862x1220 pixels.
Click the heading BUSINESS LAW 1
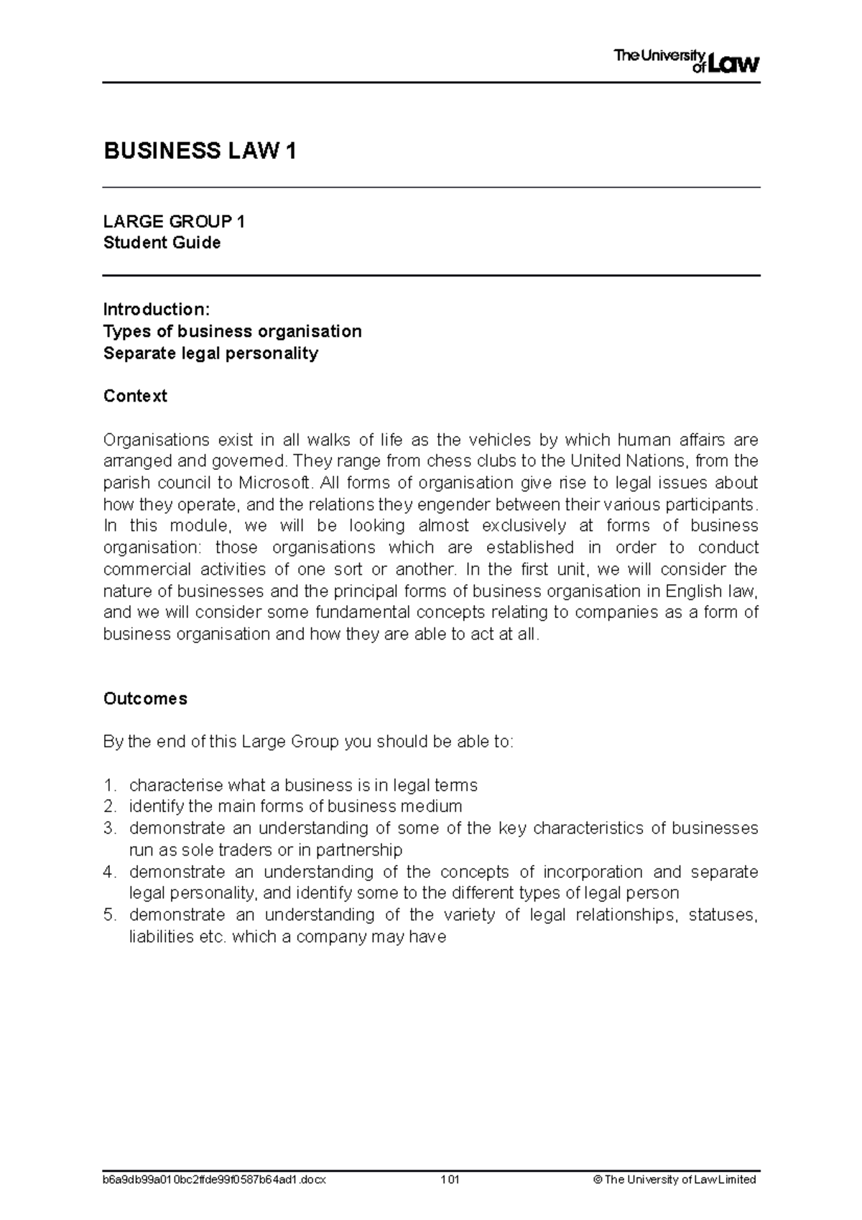[x=200, y=152]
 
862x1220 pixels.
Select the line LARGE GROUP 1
[x=174, y=221]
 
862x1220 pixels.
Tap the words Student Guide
[x=162, y=243]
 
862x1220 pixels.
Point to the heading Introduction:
[x=157, y=310]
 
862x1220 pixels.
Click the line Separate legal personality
[x=210, y=353]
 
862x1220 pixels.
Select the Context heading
[x=135, y=397]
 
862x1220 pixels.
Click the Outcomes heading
[x=145, y=699]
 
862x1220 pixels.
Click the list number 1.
[x=109, y=785]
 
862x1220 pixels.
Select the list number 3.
[x=109, y=828]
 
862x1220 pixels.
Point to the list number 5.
[x=109, y=915]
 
